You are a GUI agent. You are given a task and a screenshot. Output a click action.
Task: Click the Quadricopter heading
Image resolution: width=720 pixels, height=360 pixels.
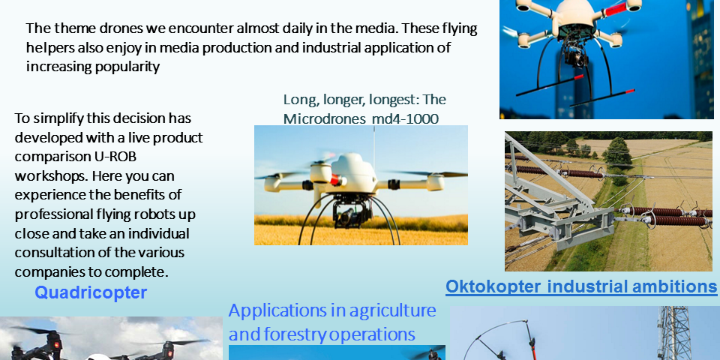[x=91, y=292]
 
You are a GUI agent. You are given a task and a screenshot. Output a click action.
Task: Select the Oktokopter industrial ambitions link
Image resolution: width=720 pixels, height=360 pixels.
[x=581, y=286]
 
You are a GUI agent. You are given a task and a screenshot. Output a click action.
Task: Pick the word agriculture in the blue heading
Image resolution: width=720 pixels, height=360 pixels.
[x=392, y=310]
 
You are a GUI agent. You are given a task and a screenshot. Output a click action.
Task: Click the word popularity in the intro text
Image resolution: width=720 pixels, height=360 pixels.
[x=127, y=67]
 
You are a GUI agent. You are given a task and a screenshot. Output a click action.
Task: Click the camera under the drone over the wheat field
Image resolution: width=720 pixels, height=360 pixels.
[x=352, y=212]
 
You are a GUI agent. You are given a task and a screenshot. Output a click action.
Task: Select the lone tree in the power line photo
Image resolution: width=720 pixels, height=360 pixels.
[x=616, y=153]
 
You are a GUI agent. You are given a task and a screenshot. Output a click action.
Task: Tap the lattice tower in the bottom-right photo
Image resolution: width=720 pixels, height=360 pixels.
[x=673, y=333]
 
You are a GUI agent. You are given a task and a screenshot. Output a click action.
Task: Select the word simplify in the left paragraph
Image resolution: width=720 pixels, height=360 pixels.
[x=58, y=118]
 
